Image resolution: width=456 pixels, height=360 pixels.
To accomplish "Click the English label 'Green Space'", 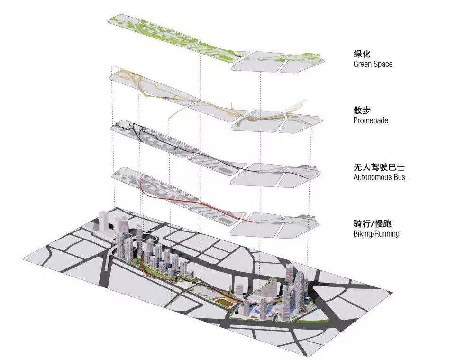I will (373, 64).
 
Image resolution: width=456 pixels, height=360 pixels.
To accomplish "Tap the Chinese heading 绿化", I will (362, 54).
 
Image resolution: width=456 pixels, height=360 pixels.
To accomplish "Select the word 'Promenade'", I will (371, 120).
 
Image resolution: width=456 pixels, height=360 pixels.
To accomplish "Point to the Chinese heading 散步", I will (362, 111).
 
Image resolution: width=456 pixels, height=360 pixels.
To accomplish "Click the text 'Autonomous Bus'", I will (379, 177).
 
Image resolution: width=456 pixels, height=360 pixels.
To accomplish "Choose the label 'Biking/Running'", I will (376, 234).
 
